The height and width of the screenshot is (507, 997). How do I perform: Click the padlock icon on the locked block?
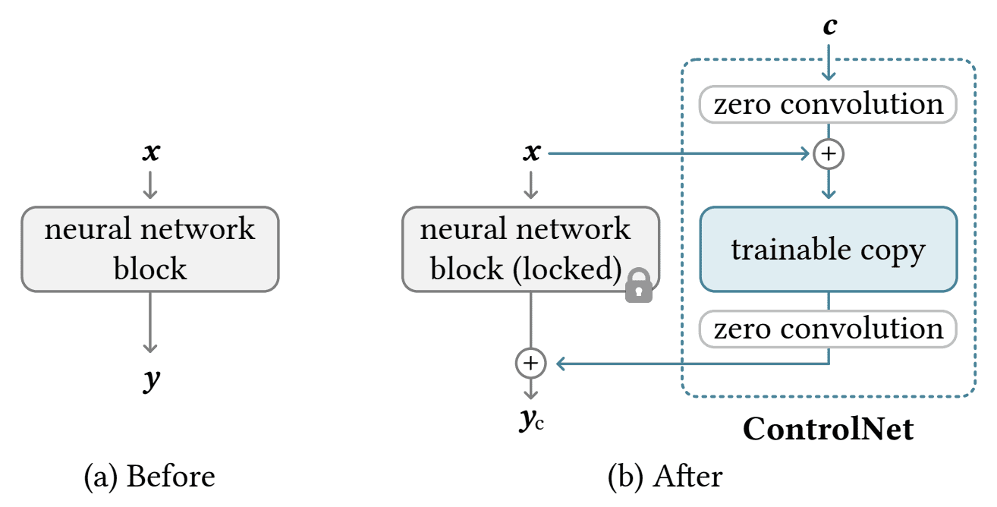[639, 286]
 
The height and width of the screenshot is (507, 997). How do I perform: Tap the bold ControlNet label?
[829, 429]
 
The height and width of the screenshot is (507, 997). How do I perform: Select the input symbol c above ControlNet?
[829, 26]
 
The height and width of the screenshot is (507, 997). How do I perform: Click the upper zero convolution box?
[828, 104]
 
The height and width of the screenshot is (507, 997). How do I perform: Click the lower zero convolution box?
[828, 329]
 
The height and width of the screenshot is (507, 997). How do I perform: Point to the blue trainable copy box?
[829, 249]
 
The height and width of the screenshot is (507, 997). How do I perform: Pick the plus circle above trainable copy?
[829, 154]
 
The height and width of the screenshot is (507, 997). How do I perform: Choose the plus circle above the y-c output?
[530, 364]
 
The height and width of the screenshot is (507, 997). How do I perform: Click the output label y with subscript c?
[531, 420]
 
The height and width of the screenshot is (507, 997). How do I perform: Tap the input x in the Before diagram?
[151, 152]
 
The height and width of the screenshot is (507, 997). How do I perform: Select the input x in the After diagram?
[532, 152]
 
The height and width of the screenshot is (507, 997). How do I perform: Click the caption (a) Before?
[149, 477]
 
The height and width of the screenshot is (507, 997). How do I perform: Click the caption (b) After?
[665, 477]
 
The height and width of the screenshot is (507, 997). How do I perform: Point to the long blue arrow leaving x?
[678, 153]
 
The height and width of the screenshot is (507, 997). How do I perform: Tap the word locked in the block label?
[567, 269]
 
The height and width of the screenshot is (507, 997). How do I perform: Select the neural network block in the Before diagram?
[150, 249]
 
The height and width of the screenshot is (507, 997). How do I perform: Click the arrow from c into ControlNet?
[829, 62]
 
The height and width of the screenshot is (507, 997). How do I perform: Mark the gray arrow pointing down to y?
[150, 323]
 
